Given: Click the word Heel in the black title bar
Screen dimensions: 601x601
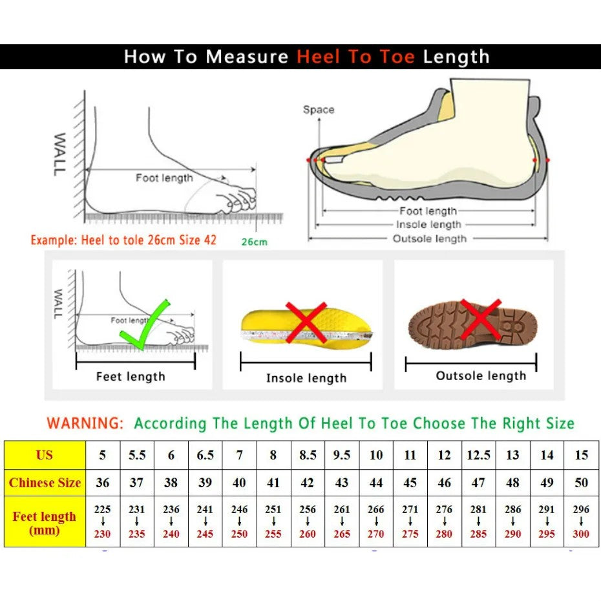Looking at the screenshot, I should coord(319,57).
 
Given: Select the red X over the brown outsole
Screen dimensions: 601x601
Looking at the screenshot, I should coord(480,320).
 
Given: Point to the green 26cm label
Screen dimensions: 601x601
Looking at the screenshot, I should coord(254,242).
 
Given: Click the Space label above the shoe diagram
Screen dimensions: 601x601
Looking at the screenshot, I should coord(319,110).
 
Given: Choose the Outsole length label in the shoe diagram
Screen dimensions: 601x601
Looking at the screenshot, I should coord(429,238).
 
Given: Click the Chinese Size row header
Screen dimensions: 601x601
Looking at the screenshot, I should coord(45,483).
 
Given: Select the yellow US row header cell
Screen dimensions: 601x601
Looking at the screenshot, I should coord(45,455).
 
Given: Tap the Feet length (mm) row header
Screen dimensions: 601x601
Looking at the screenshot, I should coord(45,523).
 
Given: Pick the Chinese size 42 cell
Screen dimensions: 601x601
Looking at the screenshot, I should coord(308,483).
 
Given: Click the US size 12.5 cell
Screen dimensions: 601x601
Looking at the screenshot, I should coord(478,455).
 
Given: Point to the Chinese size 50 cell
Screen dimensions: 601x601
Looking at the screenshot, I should coord(581,483).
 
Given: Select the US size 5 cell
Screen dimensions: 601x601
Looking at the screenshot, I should coord(103,455).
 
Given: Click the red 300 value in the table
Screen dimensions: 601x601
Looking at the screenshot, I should coord(581,534).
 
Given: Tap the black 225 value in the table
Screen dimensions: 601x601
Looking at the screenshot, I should coord(103,509).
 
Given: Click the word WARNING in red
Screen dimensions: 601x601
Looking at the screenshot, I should coord(85,424).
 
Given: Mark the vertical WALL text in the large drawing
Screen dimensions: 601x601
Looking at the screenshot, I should coord(59,154).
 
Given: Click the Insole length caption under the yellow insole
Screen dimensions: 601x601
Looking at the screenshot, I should coord(306,378).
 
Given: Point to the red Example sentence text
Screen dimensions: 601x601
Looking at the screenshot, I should coord(123,240).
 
